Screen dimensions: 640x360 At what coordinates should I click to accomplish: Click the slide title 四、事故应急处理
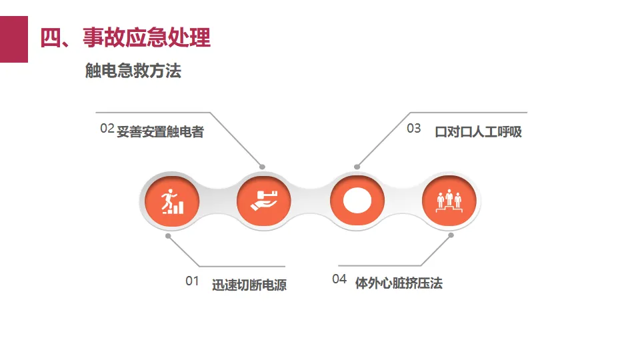pos(125,37)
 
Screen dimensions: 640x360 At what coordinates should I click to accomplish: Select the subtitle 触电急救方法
pos(133,71)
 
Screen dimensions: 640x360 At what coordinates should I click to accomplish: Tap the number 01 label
pos(192,281)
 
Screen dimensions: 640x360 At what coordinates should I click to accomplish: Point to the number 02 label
pos(107,129)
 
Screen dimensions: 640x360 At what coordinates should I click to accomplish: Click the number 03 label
pos(414,129)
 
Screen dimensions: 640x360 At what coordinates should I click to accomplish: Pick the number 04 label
pos(339,279)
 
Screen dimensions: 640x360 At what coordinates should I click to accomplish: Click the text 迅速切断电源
pos(249,285)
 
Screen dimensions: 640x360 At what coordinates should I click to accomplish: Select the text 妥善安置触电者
pos(160,132)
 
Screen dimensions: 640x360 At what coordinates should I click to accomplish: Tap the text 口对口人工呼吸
pos(478,132)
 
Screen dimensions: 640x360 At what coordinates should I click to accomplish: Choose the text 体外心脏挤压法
pos(399,283)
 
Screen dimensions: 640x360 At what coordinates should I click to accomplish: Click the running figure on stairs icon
pos(171,201)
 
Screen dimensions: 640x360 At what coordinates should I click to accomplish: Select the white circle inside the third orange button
pos(357,201)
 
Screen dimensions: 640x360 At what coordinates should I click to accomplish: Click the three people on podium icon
pos(449,201)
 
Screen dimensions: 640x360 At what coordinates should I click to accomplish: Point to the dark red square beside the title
pos(14,39)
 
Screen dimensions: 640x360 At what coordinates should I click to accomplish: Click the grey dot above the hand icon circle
pos(263,167)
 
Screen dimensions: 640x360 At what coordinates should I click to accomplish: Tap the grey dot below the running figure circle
pos(168,235)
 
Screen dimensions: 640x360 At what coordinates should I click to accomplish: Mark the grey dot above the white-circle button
pos(357,167)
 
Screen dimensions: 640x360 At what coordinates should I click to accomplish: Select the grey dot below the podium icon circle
pos(451,235)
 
